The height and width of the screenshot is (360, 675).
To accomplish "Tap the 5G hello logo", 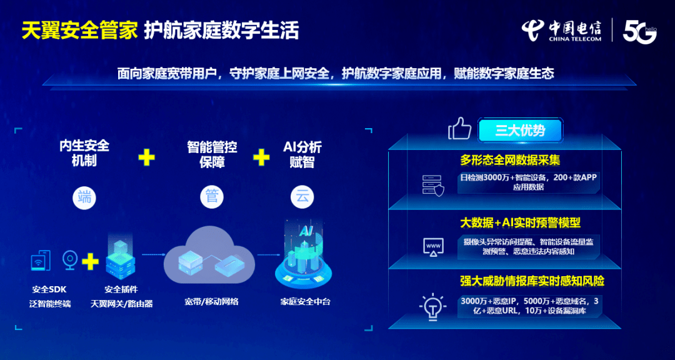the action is tap(640, 32).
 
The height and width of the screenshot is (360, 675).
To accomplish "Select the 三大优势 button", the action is tap(519, 131).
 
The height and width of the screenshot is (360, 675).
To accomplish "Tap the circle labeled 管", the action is tap(212, 197).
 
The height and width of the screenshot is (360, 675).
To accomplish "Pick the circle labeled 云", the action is tap(302, 197).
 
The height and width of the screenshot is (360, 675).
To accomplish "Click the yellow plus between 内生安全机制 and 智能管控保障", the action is tap(146, 158).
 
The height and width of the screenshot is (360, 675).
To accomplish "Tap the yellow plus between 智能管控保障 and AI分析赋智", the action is tap(261, 158).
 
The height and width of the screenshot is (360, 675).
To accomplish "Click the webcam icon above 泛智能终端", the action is tap(70, 259).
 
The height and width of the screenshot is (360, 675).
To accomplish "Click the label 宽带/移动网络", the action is tap(211, 302).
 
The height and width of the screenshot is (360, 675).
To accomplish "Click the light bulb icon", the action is tap(432, 305).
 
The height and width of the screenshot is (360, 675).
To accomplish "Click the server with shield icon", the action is tap(432, 185).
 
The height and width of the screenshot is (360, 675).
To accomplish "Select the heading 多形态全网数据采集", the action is tap(510, 161).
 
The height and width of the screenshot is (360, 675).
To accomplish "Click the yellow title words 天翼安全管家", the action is tap(79, 32).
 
